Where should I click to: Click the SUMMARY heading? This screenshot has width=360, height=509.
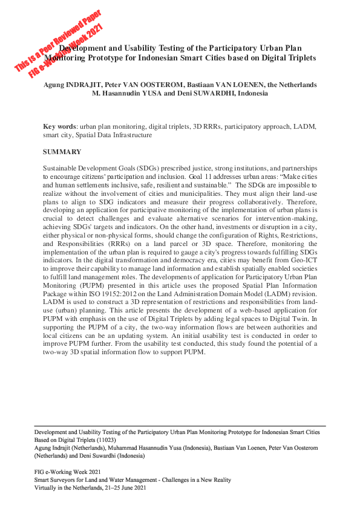(62, 151)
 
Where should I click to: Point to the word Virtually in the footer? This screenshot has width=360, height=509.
(45, 487)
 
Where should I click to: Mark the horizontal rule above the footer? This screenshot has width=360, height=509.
(179, 426)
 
